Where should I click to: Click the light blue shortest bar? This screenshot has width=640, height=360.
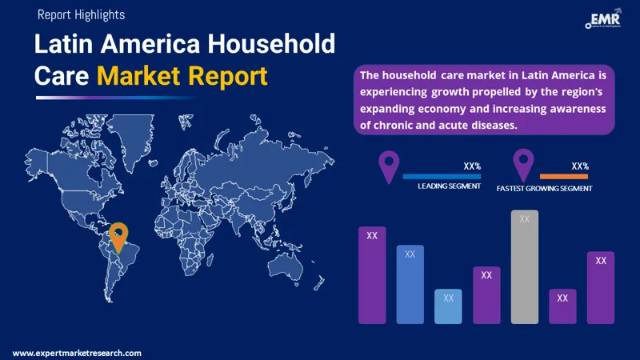[x=448, y=306]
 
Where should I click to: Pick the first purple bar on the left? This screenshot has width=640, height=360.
[x=372, y=274]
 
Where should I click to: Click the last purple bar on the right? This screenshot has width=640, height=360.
[x=601, y=288]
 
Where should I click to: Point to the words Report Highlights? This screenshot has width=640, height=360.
[x=81, y=14]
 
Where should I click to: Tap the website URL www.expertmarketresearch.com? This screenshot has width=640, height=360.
[x=78, y=353]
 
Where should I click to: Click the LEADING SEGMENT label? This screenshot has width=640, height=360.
[x=449, y=186]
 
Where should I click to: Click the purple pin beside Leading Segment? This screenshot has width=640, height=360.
[x=389, y=166]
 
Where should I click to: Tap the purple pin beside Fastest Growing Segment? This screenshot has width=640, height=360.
[x=524, y=163]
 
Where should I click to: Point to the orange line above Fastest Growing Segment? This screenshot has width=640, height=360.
[x=564, y=176]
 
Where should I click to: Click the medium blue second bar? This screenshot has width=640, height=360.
[x=410, y=284]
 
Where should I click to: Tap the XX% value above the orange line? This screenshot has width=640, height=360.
[x=580, y=166]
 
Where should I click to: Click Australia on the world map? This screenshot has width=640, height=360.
[x=290, y=269]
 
